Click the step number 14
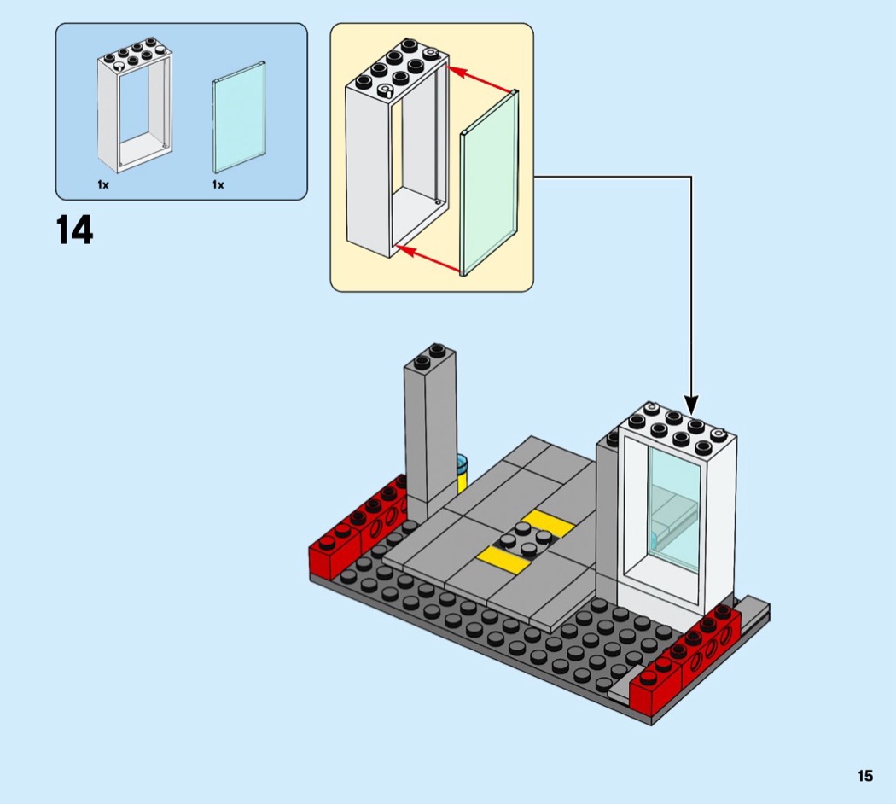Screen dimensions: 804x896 point(75,230)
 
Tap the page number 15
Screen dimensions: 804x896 point(865,776)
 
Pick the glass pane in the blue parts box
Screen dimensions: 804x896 point(240,119)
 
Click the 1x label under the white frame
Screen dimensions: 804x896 point(103,184)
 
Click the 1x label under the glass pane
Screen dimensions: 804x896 point(218,184)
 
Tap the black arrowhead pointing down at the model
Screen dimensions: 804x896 point(690,403)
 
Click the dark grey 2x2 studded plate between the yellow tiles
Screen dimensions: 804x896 point(522,539)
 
